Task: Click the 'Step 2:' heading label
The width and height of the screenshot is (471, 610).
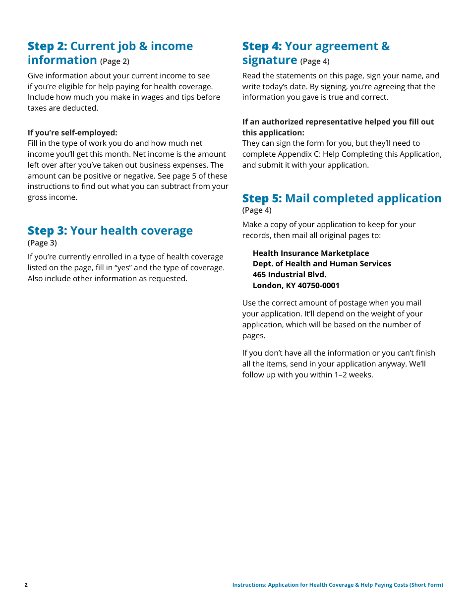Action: click(47, 46)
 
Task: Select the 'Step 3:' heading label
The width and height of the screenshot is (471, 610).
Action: click(47, 231)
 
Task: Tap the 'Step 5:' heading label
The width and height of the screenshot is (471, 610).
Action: click(262, 198)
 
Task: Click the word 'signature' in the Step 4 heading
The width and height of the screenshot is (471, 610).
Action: click(269, 60)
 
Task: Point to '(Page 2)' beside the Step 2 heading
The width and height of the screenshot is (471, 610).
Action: click(115, 61)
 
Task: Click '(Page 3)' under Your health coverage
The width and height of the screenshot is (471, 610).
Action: click(42, 243)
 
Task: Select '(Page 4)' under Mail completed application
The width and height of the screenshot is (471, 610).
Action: click(257, 210)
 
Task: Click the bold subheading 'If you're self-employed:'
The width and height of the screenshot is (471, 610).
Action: click(72, 132)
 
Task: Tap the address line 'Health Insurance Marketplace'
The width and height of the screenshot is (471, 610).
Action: click(310, 253)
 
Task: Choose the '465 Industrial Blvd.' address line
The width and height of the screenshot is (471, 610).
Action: click(289, 274)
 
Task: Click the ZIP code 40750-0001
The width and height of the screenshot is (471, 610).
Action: click(318, 286)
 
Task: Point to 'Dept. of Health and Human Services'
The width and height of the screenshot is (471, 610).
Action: click(321, 264)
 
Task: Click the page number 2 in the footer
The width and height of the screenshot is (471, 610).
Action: click(26, 585)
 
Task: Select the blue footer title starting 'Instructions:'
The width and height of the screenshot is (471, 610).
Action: click(337, 585)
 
